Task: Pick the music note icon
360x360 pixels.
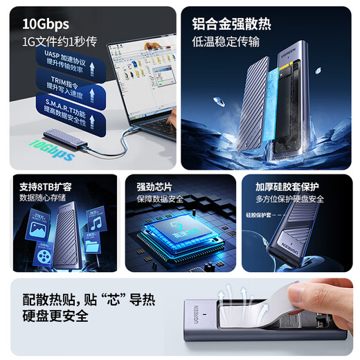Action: pos(95,224)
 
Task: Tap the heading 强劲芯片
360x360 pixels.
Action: pos(151,186)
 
